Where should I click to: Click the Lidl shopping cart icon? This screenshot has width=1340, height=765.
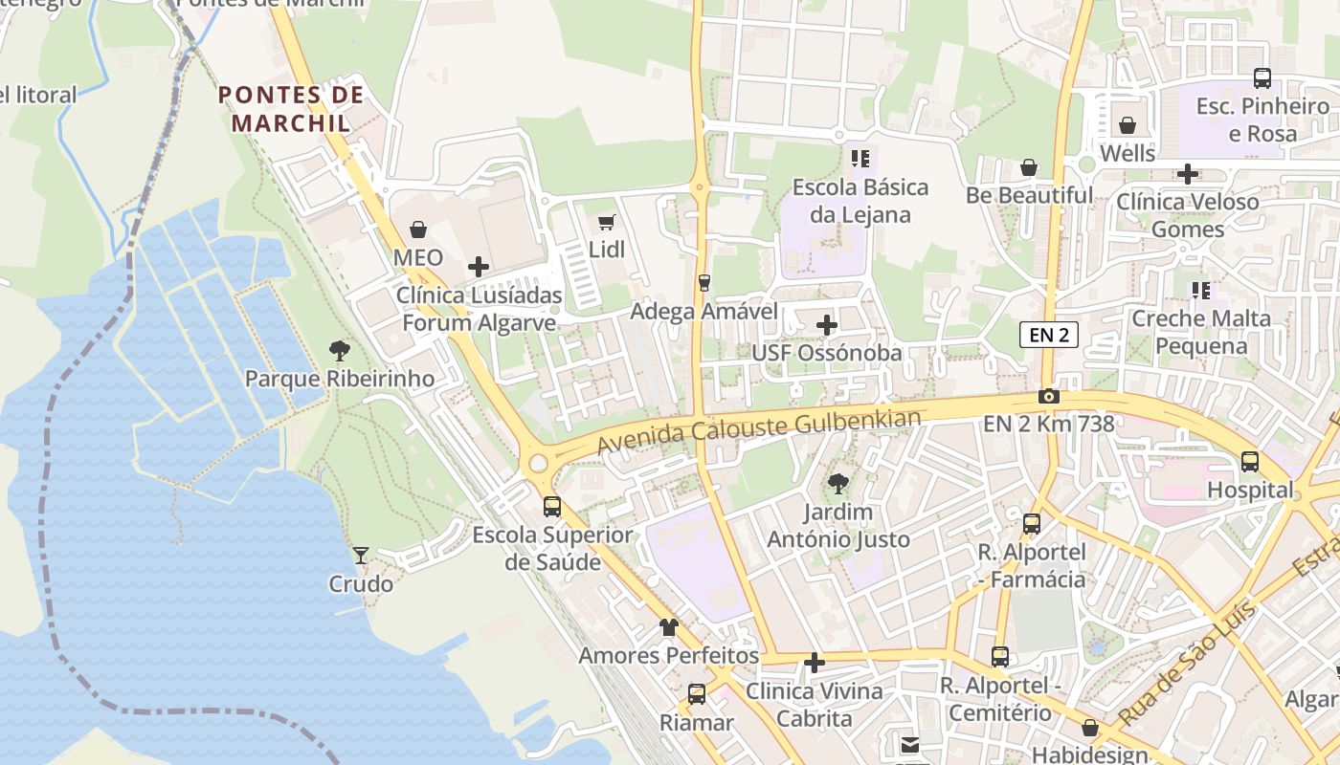pyautogui.click(x=606, y=223)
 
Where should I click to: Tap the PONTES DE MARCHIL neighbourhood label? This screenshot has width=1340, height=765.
pyautogui.click(x=291, y=109)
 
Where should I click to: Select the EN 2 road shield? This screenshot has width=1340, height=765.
pyautogui.click(x=1049, y=335)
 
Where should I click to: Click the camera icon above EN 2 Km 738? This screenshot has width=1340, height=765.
pyautogui.click(x=1049, y=396)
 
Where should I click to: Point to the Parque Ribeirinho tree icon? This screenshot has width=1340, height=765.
pyautogui.click(x=339, y=351)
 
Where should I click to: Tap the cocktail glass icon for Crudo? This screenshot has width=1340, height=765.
pyautogui.click(x=361, y=555)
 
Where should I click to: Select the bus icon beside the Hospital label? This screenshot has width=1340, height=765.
pyautogui.click(x=1250, y=462)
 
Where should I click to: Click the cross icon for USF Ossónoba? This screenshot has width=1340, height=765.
pyautogui.click(x=827, y=325)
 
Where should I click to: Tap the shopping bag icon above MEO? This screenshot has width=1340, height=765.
pyautogui.click(x=418, y=229)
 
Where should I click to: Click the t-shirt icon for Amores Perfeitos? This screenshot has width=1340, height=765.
pyautogui.click(x=668, y=628)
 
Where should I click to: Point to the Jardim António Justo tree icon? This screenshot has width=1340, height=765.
pyautogui.click(x=838, y=484)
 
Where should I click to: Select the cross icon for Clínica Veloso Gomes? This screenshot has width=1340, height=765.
pyautogui.click(x=1188, y=174)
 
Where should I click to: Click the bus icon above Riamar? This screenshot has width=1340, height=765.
pyautogui.click(x=697, y=694)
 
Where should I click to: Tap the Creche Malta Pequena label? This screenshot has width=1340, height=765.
pyautogui.click(x=1201, y=331)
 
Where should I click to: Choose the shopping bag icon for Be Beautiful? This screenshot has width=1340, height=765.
pyautogui.click(x=1029, y=167)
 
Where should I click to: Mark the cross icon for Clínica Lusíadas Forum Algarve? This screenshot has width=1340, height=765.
pyautogui.click(x=479, y=267)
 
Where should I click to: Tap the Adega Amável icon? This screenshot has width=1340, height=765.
pyautogui.click(x=704, y=283)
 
